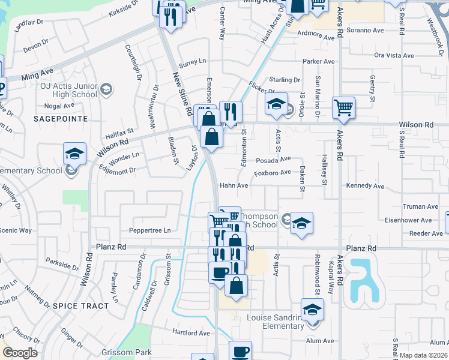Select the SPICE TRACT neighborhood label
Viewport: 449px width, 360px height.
81,305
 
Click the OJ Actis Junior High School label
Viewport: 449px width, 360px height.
68,90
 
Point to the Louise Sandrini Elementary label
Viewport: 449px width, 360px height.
276,322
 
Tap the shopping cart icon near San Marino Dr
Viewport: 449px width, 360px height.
343,108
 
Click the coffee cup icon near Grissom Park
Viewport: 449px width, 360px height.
241,351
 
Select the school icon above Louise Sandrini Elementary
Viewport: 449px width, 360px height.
312,309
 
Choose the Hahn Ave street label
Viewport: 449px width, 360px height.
234,185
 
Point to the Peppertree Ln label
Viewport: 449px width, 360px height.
149,230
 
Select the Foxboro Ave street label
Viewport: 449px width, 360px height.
272,172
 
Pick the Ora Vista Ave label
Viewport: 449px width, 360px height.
394,55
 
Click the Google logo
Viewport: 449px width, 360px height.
20,353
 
